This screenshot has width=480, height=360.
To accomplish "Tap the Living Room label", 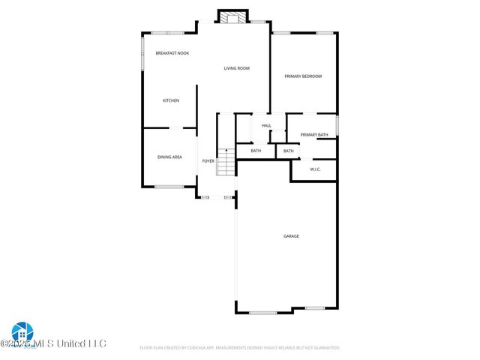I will pos(237,68).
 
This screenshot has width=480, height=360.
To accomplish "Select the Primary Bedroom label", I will pos(302,76).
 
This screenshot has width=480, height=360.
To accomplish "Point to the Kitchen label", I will pos(171,100).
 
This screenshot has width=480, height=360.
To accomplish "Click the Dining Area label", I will pos(169,157).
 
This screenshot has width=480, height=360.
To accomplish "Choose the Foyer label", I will pos(208,160).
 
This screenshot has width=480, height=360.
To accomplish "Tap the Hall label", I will pos(266,125).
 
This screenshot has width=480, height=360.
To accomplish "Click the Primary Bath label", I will pos(314,135).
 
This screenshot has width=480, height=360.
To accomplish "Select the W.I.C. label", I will pos(316,169).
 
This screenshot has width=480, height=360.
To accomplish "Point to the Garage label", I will pos(291,236).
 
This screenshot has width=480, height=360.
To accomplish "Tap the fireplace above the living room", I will pos(232,16).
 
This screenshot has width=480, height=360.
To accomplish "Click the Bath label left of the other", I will pos(256,151).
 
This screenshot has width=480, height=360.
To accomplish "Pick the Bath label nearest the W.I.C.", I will pos(289,151).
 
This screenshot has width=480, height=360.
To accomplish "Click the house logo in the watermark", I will pos(21,332).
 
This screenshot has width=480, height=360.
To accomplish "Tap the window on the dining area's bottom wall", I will pos(169,187).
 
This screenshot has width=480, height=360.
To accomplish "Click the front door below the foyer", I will pos(216,197).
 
